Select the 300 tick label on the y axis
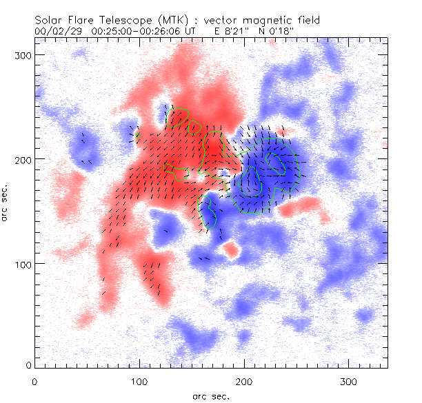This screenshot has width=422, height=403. point(24,54)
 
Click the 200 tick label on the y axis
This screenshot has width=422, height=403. point(24,159)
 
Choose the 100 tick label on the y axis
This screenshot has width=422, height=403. point(24,264)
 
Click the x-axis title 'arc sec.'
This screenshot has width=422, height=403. point(210,396)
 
